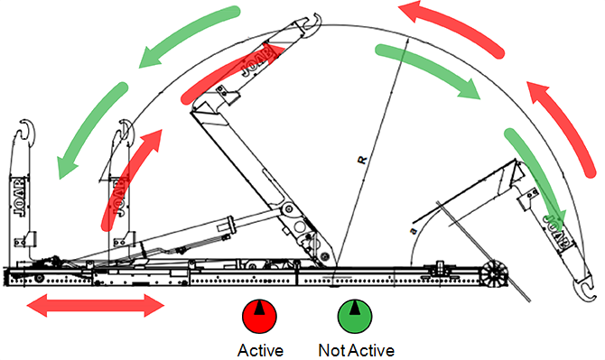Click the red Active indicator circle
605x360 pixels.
pos(259,316)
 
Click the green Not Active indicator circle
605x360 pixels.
pos(355,316)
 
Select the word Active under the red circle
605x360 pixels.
pos(260,350)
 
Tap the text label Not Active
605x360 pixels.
pos(356,350)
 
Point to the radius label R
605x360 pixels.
pos(362,160)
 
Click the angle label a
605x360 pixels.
pos(414,231)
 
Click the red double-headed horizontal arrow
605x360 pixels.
pos(96,305)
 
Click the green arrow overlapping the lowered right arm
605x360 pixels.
pos(535,173)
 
